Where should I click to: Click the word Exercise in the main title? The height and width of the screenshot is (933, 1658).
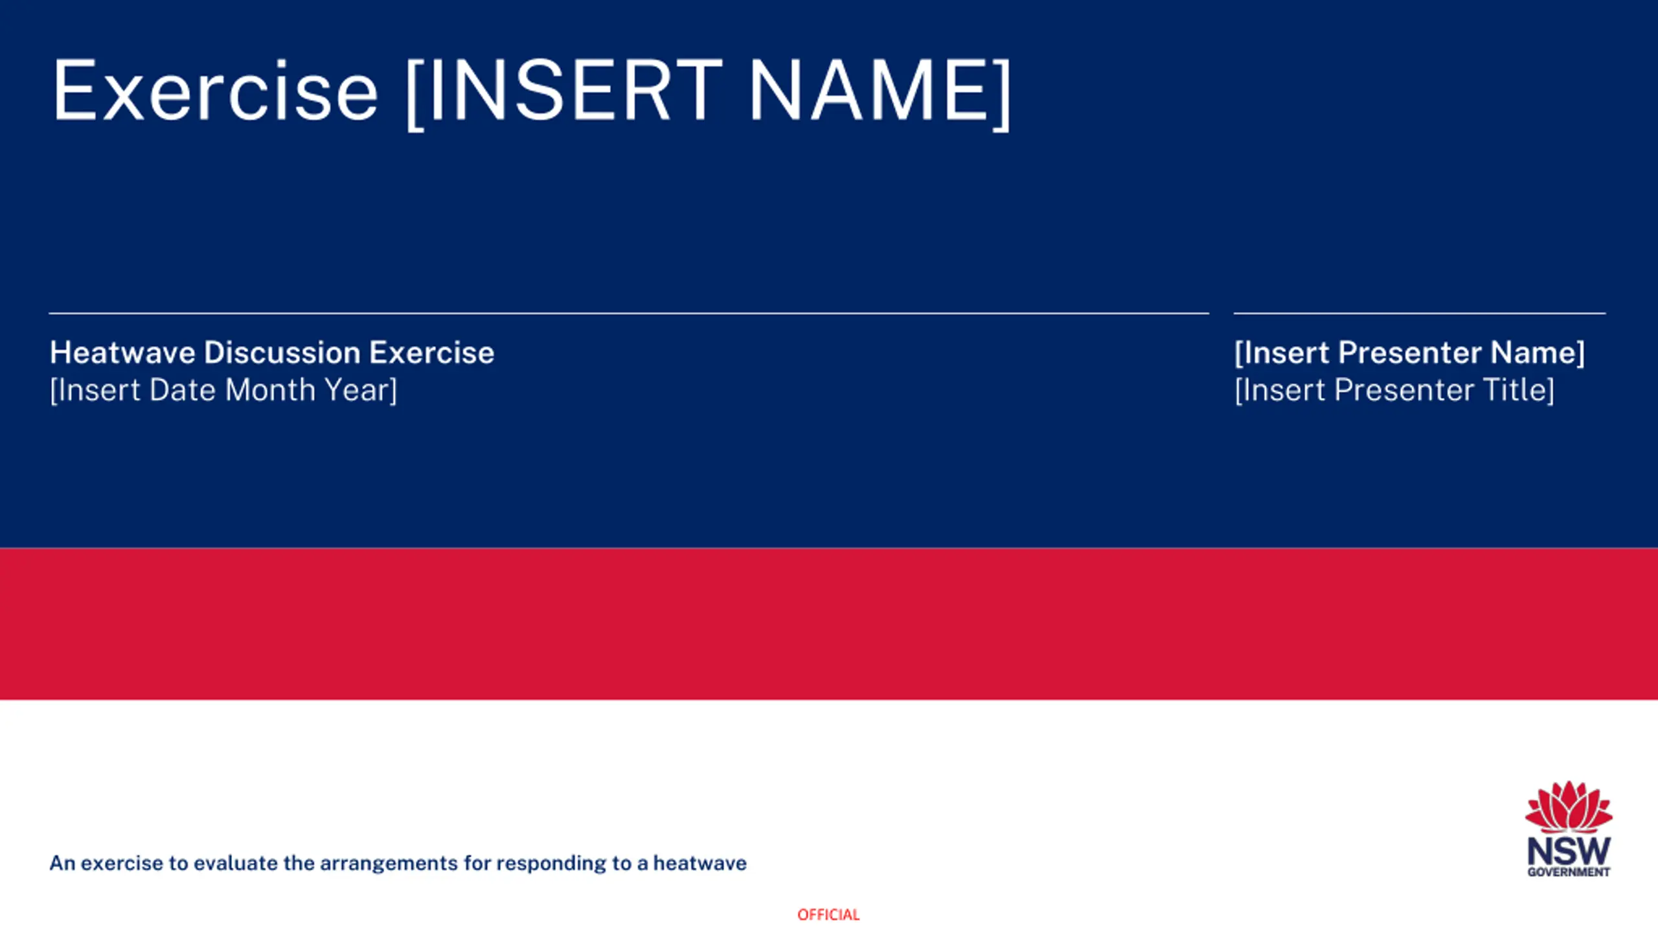(214, 90)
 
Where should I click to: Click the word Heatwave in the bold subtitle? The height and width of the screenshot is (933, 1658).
(122, 352)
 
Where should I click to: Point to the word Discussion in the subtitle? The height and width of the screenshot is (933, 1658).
(282, 352)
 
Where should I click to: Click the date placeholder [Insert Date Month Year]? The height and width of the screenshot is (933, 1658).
(223, 390)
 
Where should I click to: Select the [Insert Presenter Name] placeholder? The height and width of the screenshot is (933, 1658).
(1410, 352)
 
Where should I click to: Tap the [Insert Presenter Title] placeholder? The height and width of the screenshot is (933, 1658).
(1394, 390)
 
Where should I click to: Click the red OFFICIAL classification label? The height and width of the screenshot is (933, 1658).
(828, 914)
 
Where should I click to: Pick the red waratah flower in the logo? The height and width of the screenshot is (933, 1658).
(1569, 807)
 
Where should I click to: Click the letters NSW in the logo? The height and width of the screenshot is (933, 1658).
(1569, 851)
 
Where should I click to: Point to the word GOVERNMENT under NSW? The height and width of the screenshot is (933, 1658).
(1569, 872)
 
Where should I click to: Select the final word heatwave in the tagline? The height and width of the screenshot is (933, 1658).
(699, 863)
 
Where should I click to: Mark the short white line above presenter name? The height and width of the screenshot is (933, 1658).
(1420, 314)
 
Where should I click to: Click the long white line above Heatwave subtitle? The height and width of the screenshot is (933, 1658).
(629, 314)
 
